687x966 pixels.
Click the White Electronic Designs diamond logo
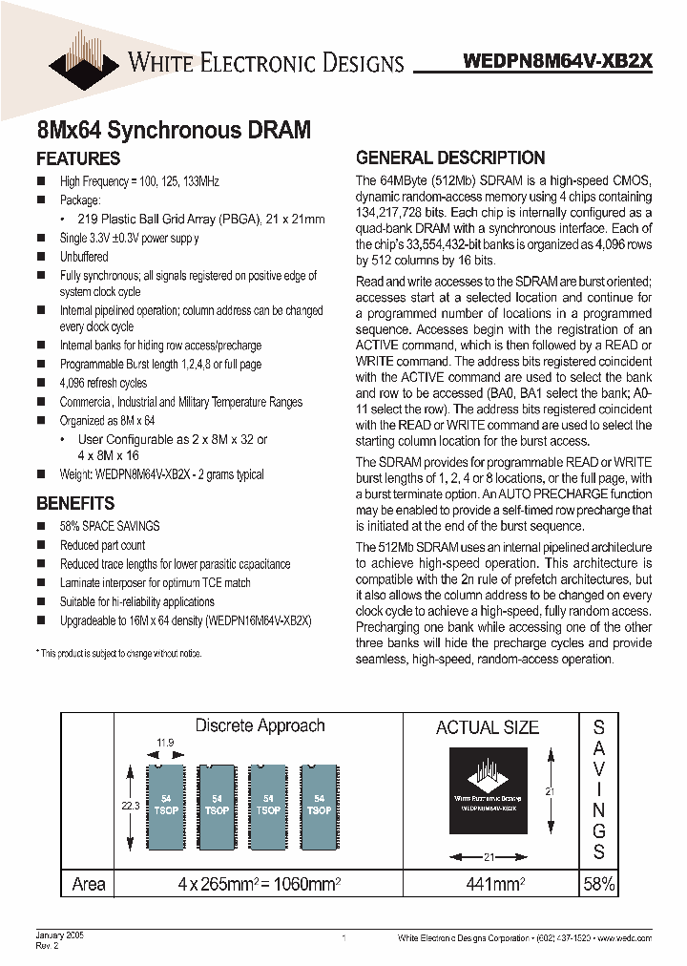tap(84, 53)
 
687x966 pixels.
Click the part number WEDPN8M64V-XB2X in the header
tap(558, 60)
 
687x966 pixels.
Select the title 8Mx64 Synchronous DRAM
tap(173, 129)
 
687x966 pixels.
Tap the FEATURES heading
tap(78, 158)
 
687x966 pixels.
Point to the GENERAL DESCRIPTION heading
tap(450, 158)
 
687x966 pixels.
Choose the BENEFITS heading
tap(75, 503)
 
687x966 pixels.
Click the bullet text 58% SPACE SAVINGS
tap(110, 526)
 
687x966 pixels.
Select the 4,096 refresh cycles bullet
tap(104, 383)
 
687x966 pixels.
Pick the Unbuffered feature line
tap(84, 257)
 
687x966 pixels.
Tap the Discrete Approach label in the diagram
tap(260, 725)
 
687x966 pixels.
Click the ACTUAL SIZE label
tap(488, 727)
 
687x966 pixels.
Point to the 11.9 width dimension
tap(164, 742)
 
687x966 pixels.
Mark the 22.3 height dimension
tap(130, 806)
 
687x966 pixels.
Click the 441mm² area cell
tap(487, 884)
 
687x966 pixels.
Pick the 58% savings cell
tap(598, 884)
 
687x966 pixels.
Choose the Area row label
tap(89, 884)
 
